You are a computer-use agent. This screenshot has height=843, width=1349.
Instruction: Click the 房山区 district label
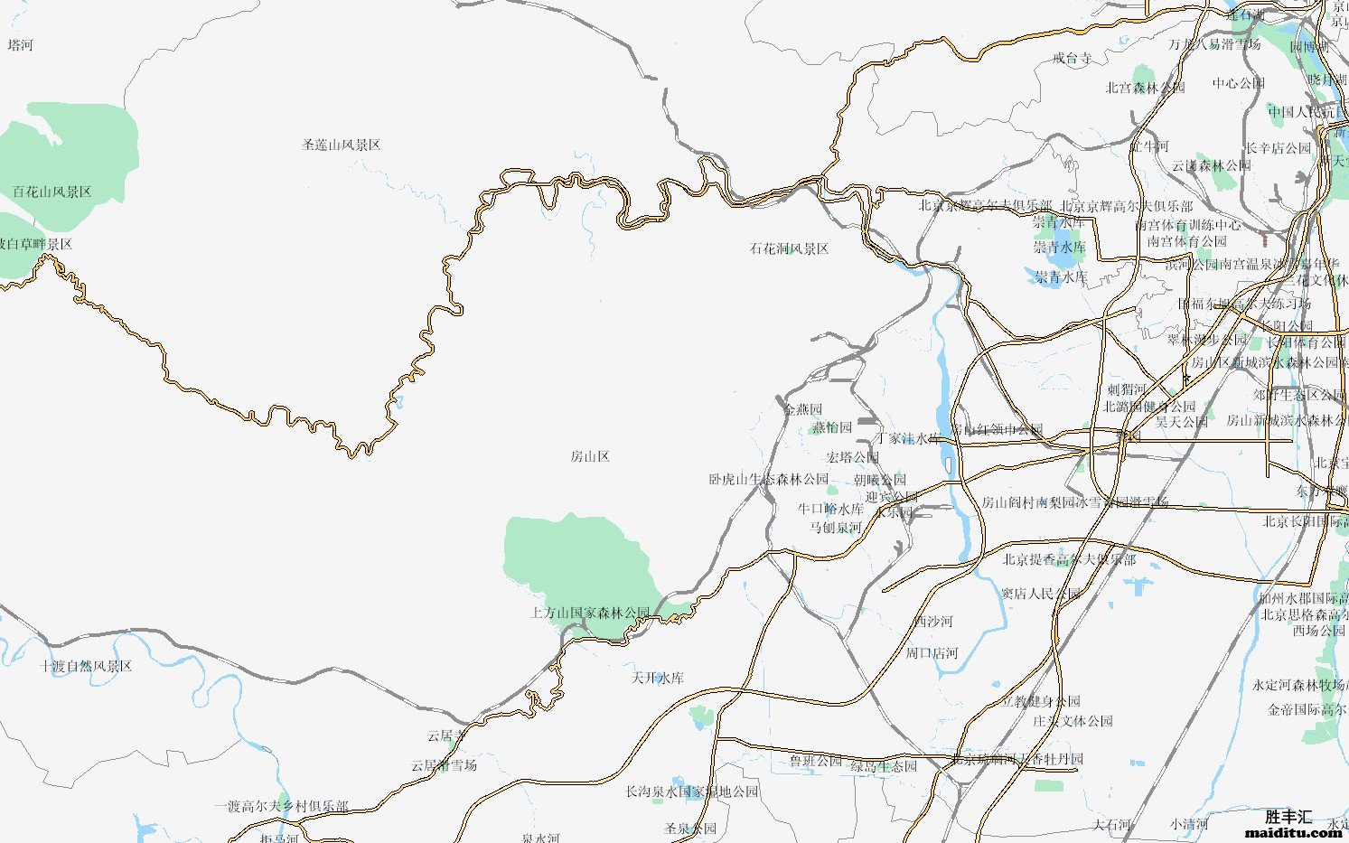coord(590,456)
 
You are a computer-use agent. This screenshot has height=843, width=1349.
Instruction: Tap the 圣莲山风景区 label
coord(341,145)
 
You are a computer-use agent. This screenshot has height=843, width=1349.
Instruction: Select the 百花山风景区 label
coord(52,192)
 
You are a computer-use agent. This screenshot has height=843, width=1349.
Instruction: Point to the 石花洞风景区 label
coord(789,248)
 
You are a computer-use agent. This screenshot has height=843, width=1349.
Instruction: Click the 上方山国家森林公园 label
coord(590,613)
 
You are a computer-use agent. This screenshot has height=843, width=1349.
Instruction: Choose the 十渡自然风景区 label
coord(86,666)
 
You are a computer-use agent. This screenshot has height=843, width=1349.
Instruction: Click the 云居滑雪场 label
coord(444,765)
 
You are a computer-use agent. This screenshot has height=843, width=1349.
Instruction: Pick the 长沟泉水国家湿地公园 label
coord(691,791)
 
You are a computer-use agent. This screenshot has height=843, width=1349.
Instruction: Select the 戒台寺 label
coord(1072,58)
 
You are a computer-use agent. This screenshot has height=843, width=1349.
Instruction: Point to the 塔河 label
coord(20,44)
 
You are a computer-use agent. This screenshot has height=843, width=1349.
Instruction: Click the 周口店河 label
coord(932,652)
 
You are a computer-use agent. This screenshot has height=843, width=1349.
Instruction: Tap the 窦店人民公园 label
coord(1040,594)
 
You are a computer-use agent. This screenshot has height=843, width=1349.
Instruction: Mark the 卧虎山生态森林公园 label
coord(768,479)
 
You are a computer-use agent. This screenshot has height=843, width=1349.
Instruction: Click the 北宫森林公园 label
coord(1145,88)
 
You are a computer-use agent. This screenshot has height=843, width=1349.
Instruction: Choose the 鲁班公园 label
coord(815,761)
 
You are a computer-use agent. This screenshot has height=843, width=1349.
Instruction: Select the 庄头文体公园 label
coord(1073,721)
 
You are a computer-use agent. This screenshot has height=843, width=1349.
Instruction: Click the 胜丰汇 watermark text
coord(1288,816)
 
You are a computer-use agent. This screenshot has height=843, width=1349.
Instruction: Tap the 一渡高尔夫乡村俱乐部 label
coord(281,806)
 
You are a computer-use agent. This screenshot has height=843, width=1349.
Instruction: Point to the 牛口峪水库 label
coord(830,509)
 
